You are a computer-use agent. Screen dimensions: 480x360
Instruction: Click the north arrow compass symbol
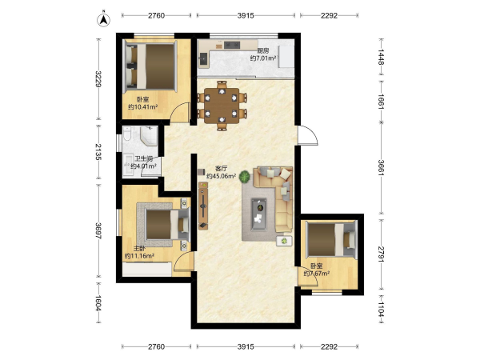(104, 19)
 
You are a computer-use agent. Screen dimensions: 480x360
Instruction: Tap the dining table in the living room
(222, 106)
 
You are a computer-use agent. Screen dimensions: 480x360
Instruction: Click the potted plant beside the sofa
(244, 177)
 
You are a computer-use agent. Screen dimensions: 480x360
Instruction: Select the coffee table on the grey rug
(258, 214)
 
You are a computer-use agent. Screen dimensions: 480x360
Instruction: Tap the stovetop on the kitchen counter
(232, 45)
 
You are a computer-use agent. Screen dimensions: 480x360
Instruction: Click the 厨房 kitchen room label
(263, 50)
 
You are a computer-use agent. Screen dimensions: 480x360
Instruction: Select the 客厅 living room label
(221, 168)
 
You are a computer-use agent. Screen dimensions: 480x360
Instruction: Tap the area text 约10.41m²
(142, 107)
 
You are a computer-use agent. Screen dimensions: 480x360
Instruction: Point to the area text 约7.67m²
(317, 274)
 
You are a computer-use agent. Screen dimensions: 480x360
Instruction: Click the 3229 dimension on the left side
(98, 79)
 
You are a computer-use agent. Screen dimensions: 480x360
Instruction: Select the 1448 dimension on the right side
(381, 57)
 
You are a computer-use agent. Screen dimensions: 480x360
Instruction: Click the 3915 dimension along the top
(246, 15)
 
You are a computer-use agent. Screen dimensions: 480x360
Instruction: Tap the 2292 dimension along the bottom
(329, 346)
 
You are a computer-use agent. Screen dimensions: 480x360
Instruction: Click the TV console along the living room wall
(203, 206)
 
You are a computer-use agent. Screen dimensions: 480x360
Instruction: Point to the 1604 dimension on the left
(98, 302)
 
